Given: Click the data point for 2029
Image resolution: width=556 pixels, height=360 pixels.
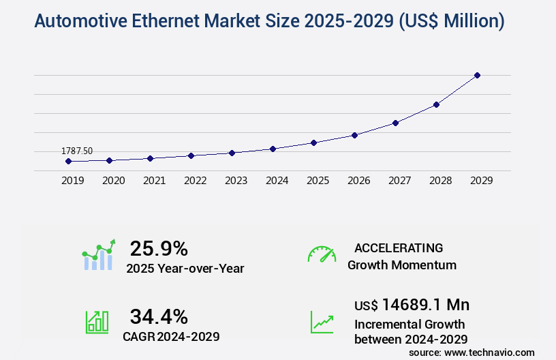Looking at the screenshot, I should pos(477,75).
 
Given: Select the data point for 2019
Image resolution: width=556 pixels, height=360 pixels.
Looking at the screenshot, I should pos(68,162).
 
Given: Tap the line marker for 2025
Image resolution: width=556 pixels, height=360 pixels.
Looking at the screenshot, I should pos(313,142).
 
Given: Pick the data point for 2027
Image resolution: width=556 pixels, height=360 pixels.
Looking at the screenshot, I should pos(395,123).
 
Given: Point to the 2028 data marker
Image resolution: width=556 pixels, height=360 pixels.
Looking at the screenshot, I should pos(436,104).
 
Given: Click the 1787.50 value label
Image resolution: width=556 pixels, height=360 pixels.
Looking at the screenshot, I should pos(77,151).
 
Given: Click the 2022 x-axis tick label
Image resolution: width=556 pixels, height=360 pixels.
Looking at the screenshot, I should pos(195,181).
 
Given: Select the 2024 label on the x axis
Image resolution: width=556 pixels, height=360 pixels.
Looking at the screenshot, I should pos(277,181).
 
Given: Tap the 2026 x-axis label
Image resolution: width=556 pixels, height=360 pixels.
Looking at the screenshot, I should pos(358,181).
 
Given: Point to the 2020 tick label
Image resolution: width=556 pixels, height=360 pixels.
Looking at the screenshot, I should pos(113,181).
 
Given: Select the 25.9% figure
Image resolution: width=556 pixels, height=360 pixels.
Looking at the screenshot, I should pos(159,248).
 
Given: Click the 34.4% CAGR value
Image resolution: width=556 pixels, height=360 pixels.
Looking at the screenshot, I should pos(159,316).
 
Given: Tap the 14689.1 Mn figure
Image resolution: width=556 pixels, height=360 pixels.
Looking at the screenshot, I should pos(425,304).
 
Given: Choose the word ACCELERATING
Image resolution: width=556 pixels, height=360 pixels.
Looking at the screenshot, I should pos(399,247).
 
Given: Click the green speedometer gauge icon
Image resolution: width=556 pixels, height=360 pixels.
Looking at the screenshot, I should pos(322,254).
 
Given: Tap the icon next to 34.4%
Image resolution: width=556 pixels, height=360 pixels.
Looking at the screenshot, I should pos(97,322).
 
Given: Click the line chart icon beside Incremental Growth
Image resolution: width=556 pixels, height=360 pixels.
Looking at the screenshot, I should pos(322,322).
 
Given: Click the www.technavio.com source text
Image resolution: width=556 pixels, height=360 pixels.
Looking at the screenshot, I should pos(489,352).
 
